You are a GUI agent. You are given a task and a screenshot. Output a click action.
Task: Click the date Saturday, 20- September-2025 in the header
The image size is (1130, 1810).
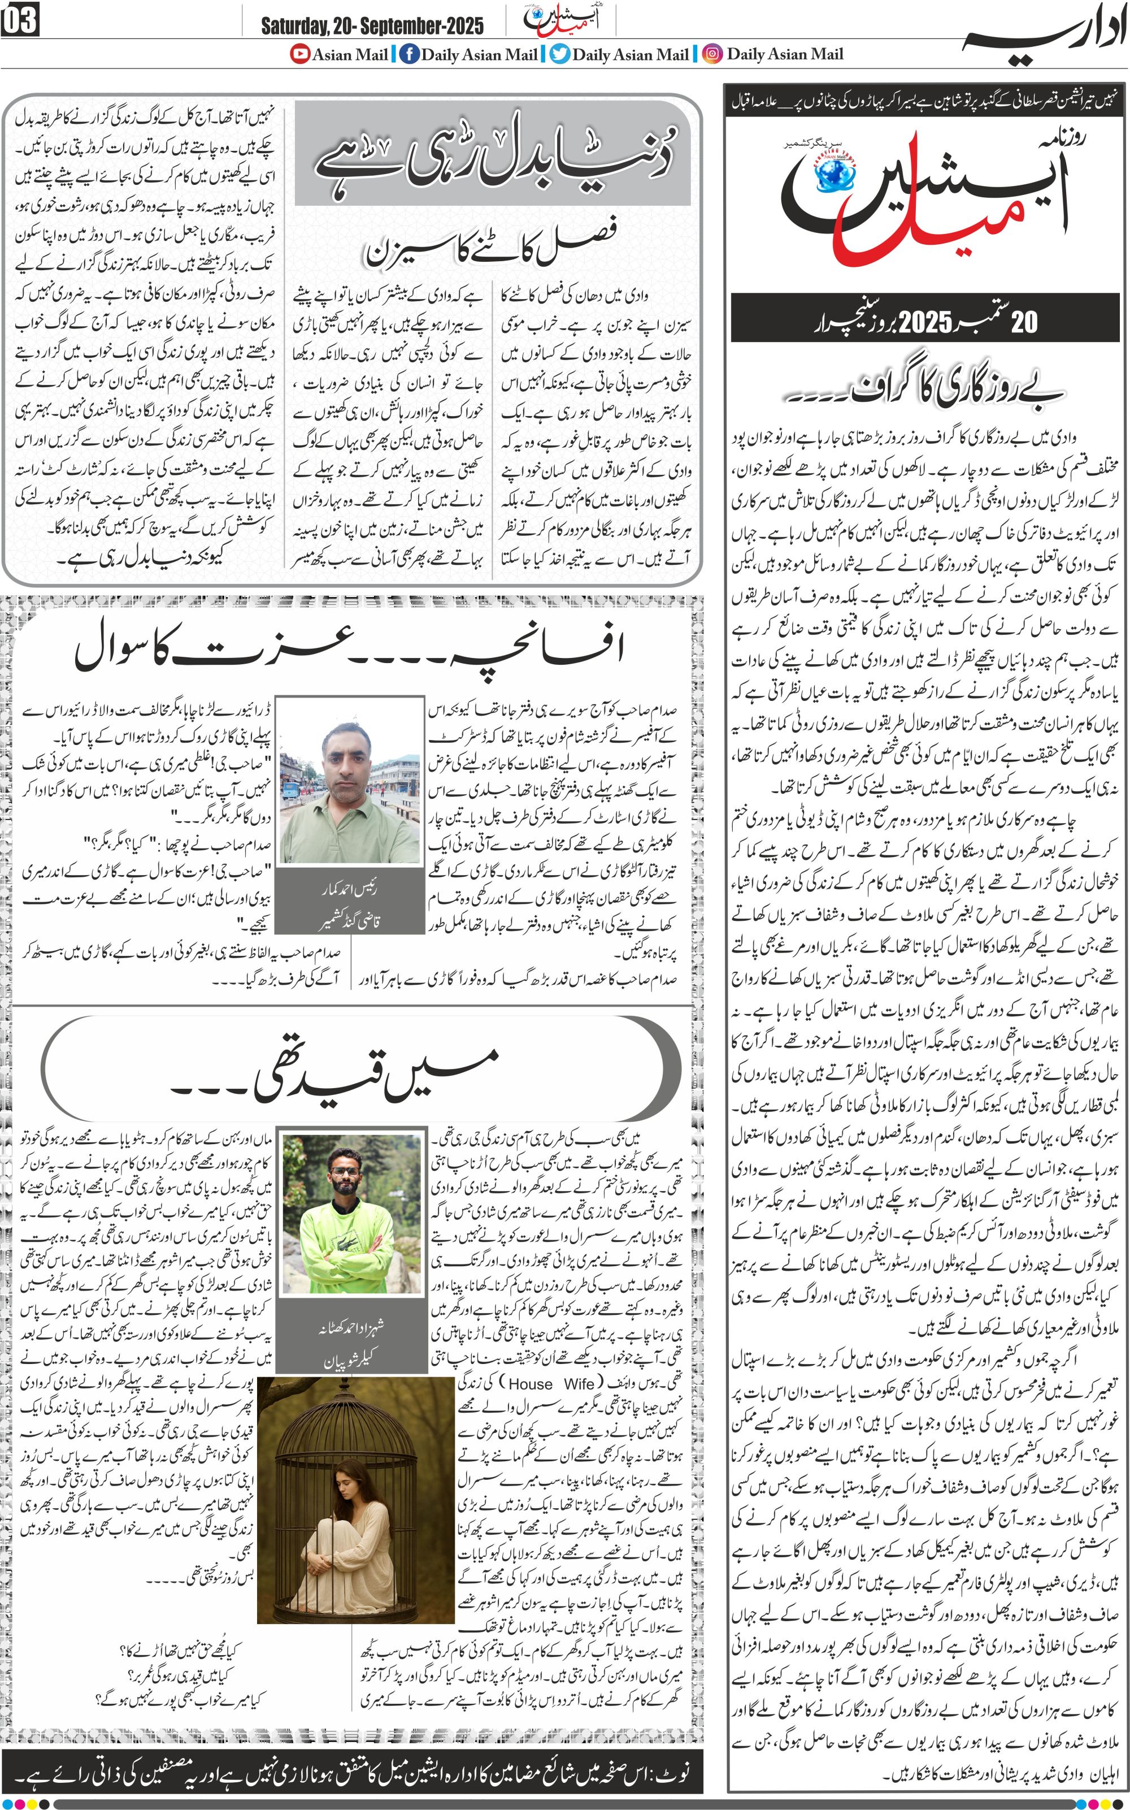[x=371, y=26]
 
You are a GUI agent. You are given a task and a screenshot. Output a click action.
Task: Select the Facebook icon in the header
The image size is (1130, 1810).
[x=409, y=54]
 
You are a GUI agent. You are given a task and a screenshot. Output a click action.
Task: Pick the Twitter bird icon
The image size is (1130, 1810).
[x=560, y=54]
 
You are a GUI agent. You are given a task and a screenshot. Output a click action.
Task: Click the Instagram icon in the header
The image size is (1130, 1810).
[x=713, y=54]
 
